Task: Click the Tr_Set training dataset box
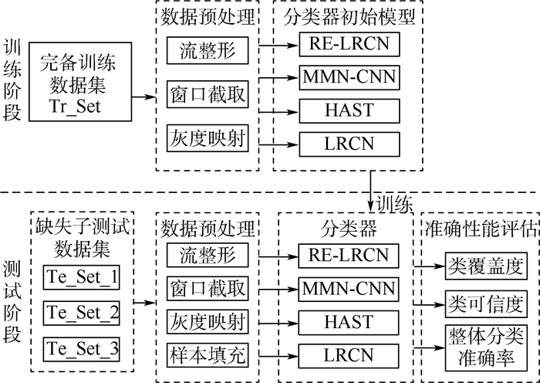click(76, 83)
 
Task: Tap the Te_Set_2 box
click(83, 314)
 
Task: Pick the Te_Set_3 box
click(83, 349)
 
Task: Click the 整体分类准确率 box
click(484, 347)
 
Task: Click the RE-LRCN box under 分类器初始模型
click(350, 45)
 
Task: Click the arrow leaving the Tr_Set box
click(141, 97)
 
